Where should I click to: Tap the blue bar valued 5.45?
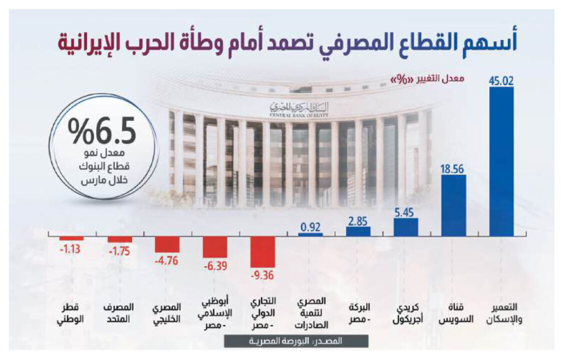tap(405, 226)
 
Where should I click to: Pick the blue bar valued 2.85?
tap(358, 231)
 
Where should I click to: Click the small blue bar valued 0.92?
tap(310, 233)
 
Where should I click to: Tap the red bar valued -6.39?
tap(215, 246)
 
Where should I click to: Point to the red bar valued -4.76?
tap(167, 244)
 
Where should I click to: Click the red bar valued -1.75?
tap(120, 239)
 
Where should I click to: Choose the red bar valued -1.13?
tap(71, 237)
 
